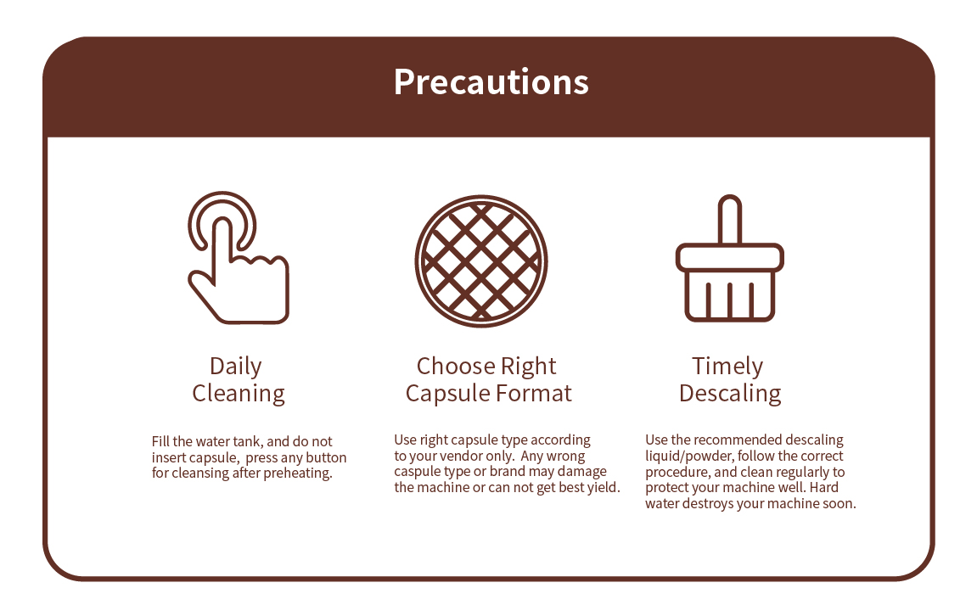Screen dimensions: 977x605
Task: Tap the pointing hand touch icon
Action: (238, 258)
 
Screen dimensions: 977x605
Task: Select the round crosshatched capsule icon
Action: (481, 261)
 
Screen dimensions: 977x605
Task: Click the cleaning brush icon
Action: (730, 258)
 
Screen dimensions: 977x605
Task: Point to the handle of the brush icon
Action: (730, 219)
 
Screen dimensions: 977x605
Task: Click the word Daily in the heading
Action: (235, 367)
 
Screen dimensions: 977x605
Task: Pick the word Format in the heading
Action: (533, 394)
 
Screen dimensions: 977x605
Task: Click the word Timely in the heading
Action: (727, 367)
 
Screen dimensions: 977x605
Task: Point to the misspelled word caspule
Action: (416, 473)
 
